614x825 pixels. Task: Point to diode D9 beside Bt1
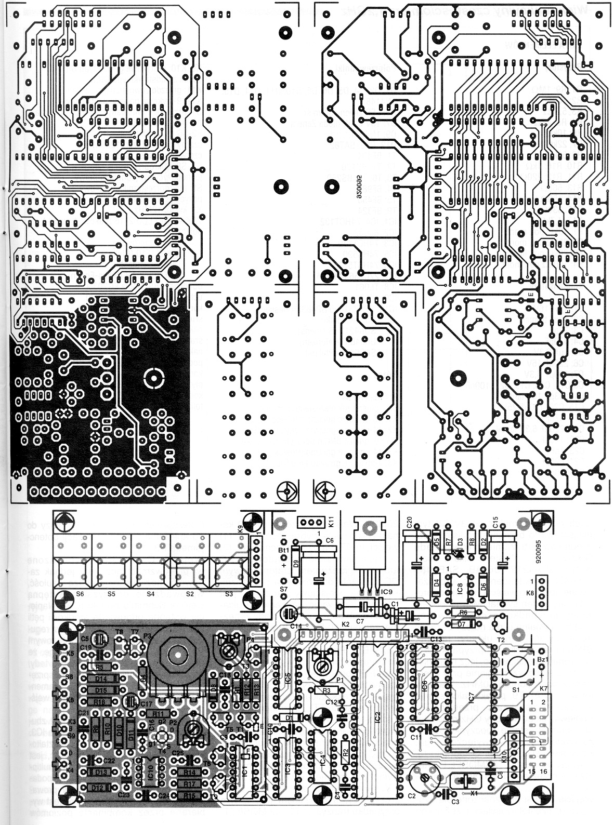coord(296,558)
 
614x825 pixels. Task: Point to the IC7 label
coord(471,696)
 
